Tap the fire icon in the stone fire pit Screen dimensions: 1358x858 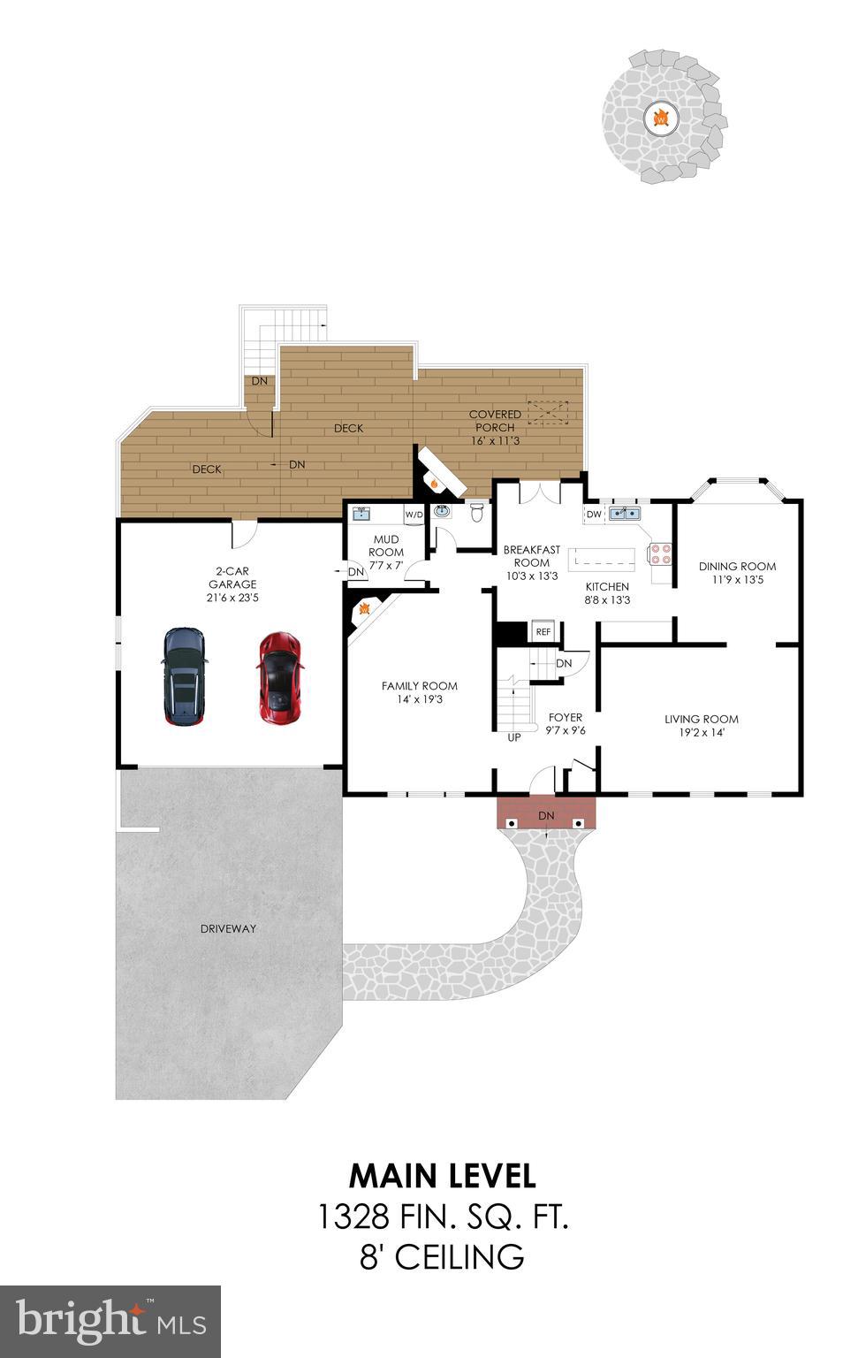click(660, 117)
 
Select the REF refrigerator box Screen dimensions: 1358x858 click(543, 631)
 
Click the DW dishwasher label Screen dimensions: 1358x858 click(594, 514)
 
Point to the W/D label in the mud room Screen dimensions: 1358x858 click(414, 514)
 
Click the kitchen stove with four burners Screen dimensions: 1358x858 click(660, 553)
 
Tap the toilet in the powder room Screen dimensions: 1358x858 click(478, 512)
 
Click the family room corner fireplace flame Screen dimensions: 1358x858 click(362, 609)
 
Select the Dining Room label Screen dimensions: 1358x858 click(737, 567)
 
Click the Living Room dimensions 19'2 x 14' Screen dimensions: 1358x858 click(702, 733)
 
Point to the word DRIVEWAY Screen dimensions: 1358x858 click(228, 928)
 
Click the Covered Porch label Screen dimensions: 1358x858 click(495, 420)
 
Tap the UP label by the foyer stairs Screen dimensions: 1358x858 click(513, 736)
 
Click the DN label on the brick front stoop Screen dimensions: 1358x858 click(546, 815)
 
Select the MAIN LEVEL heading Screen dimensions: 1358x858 click(442, 1176)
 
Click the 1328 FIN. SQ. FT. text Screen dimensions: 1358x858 click(442, 1217)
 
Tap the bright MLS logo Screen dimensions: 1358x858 click(110, 1321)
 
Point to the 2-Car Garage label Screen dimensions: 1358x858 click(232, 577)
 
